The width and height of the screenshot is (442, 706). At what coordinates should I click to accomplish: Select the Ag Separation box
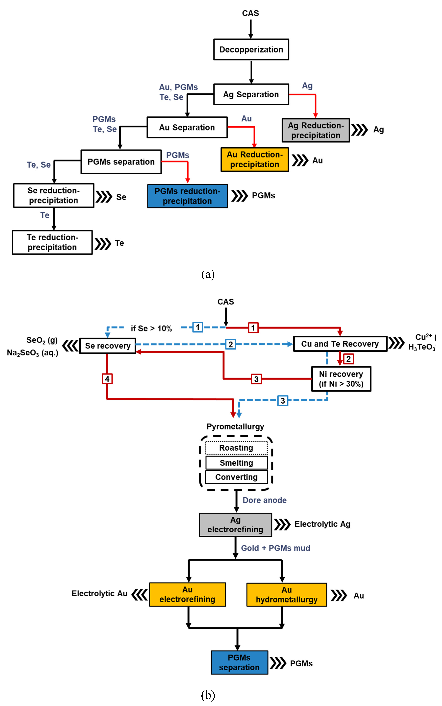251,94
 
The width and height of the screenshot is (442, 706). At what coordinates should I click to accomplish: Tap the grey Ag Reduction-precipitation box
316,130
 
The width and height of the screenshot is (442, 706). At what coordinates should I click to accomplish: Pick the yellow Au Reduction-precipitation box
255,160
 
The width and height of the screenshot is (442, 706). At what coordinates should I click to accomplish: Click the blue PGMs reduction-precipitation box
187,196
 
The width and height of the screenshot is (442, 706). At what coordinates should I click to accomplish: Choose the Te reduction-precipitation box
52,242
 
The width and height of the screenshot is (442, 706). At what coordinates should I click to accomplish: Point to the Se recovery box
108,346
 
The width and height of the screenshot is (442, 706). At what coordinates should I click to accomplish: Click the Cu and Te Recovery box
340,344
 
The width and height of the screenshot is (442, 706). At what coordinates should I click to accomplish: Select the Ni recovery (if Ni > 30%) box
341,379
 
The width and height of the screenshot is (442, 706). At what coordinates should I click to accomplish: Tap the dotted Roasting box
236,448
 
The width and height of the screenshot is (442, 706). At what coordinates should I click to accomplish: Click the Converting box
236,477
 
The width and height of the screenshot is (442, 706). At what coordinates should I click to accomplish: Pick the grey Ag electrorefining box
235,525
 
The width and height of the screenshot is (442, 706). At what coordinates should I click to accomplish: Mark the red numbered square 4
107,379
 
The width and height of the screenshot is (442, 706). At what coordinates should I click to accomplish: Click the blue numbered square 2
230,344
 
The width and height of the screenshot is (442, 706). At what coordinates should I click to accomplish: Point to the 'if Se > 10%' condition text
151,329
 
